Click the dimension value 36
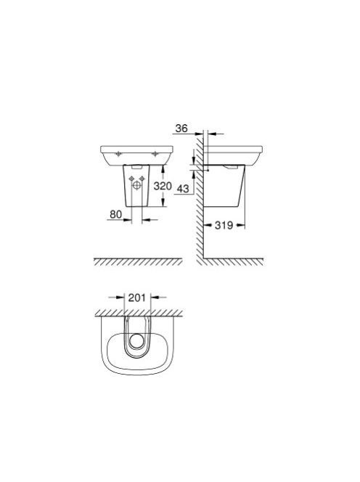click(x=181, y=128)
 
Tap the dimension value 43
click(x=183, y=188)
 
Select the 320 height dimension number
click(x=163, y=186)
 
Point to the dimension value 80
click(x=115, y=214)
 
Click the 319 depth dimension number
click(x=224, y=225)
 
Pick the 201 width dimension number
click(x=136, y=298)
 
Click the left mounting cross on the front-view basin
click(x=118, y=154)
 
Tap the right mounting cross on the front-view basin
click(x=155, y=154)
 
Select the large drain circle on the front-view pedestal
click(x=136, y=185)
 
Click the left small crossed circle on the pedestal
click(x=131, y=179)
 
